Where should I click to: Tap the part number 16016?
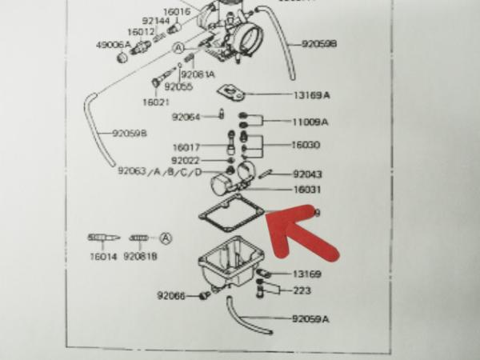pos(177,11)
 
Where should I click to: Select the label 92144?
pos(155,21)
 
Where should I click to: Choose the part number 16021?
pos(157,102)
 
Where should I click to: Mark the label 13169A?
pos(310,94)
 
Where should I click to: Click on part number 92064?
pos(186,117)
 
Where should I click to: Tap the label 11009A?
pos(310,122)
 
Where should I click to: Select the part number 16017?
pos(187,147)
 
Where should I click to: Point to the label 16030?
pos(306,146)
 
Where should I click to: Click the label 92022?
pos(186,159)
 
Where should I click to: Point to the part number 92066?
pos(171,296)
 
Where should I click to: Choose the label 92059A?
pos(310,318)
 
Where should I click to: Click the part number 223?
pos(302,290)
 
